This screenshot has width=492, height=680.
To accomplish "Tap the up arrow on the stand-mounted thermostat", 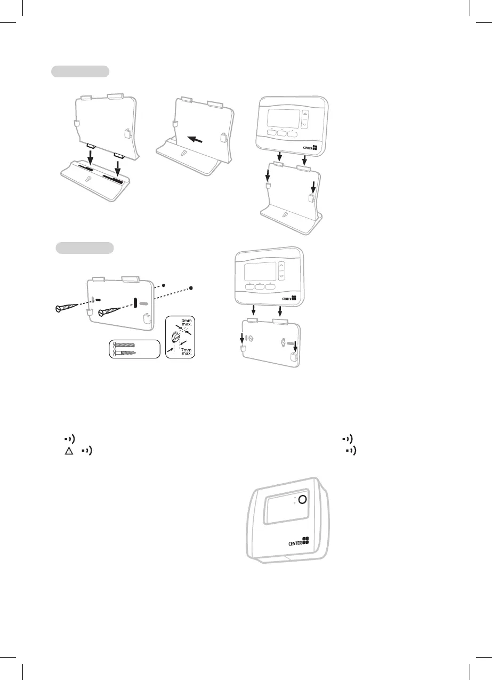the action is tap(305, 114).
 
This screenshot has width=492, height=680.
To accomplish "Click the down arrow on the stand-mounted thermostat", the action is tap(305, 125).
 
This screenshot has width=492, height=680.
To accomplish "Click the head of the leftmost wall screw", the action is tap(59, 308).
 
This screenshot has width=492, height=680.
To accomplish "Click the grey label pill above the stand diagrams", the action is tap(80, 71).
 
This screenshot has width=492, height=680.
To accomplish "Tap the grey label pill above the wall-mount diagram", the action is tap(85, 248).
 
